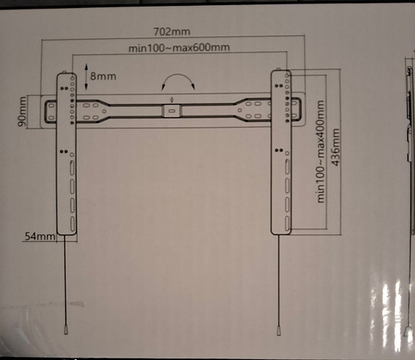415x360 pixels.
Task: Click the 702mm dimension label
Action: coord(172,32)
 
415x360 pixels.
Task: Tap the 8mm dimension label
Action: coord(103,75)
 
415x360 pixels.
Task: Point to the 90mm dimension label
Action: coord(23,112)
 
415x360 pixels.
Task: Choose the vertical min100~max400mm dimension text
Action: coord(320,152)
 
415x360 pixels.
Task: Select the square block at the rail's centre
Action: coord(171,111)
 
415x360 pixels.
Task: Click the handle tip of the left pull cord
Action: coord(66,330)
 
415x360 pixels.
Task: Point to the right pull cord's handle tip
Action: coord(279,331)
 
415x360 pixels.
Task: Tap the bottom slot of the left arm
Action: coord(71,223)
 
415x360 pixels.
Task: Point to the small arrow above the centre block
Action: coord(171,100)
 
